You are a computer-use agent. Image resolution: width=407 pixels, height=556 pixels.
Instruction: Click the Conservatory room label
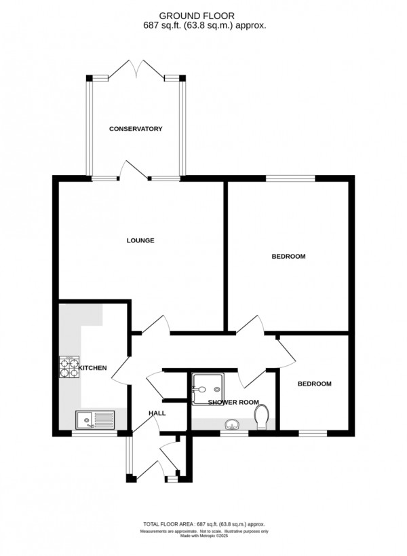(136, 129)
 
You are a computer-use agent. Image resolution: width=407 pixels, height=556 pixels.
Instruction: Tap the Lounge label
(140, 240)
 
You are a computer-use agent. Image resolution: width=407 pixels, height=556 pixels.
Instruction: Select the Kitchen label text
(93, 368)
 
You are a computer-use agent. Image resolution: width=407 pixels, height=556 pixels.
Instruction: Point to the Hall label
(157, 413)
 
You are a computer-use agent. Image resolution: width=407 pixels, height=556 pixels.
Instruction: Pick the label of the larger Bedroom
(288, 257)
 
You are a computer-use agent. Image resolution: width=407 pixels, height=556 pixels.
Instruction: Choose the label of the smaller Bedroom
(315, 384)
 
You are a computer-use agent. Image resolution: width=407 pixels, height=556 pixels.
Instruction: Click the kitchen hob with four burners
(69, 367)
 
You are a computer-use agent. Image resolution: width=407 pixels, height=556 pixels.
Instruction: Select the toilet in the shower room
(263, 417)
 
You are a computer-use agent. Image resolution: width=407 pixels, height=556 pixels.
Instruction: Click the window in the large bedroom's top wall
(290, 179)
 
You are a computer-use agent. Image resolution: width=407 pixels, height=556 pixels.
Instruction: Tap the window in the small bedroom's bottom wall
(313, 433)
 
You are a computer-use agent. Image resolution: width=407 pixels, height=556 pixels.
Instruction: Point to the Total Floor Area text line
(203, 525)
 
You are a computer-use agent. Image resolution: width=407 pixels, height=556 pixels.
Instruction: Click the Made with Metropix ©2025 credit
(203, 537)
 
